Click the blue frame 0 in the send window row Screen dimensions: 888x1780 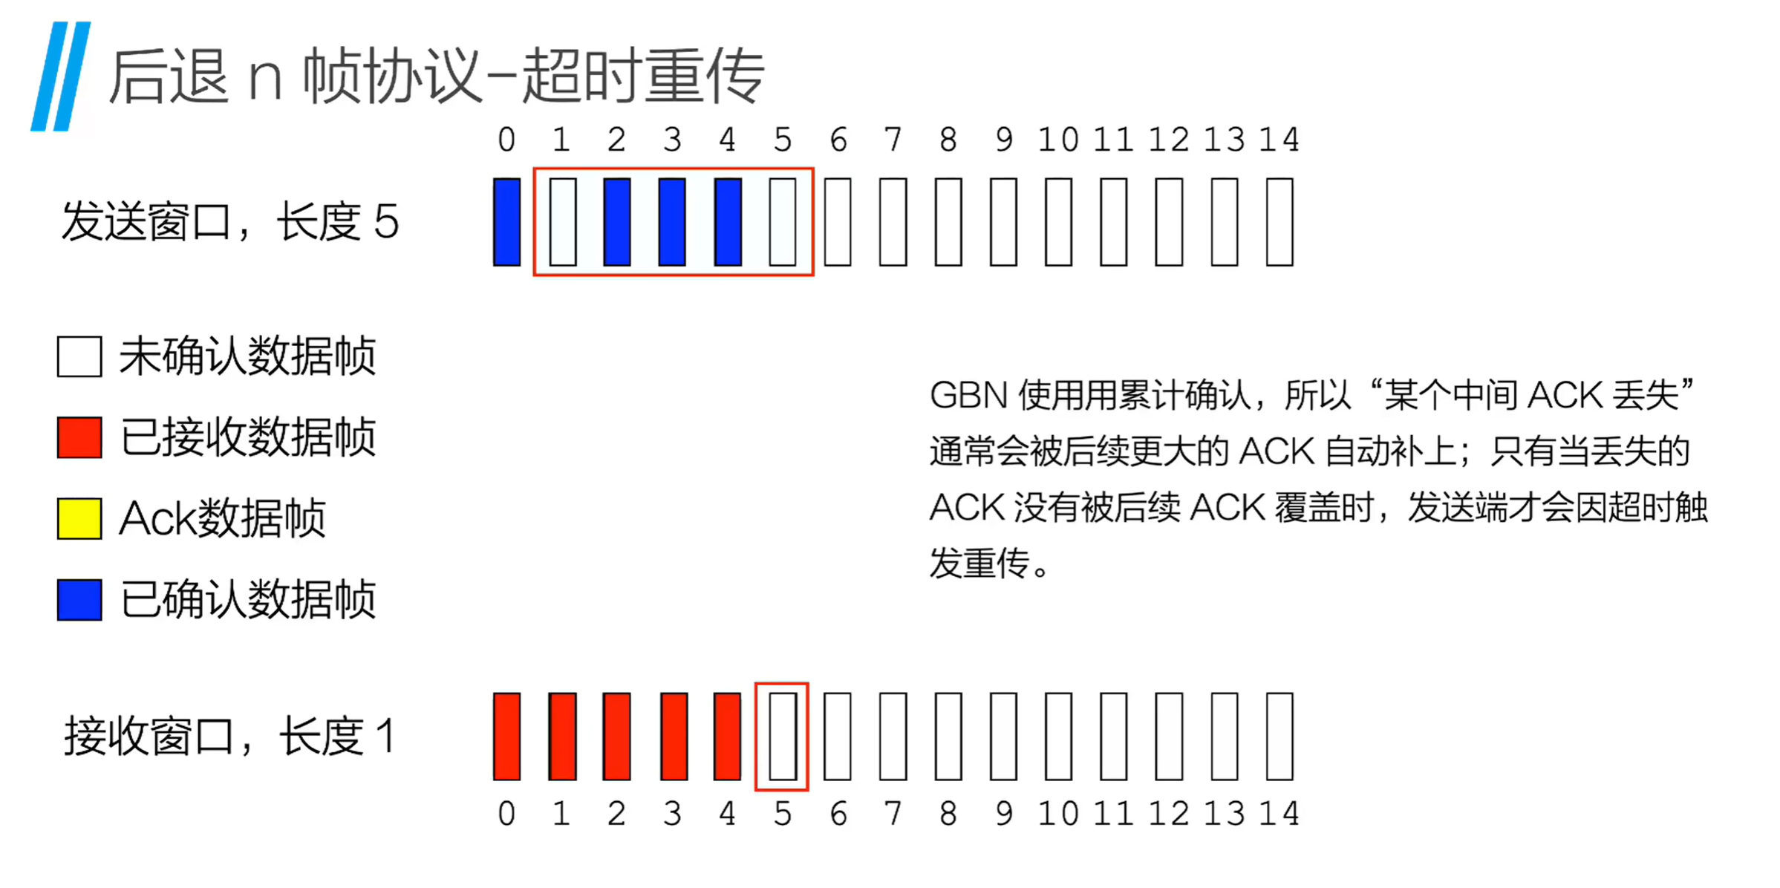(x=506, y=221)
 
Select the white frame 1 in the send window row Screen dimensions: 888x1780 (x=562, y=221)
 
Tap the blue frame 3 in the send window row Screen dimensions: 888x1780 (x=672, y=221)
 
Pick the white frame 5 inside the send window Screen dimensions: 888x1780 (x=783, y=221)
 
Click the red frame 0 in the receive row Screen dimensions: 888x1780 (x=506, y=736)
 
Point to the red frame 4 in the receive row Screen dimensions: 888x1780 (x=727, y=736)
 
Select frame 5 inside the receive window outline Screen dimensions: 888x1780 (x=782, y=736)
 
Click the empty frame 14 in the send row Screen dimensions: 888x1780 (x=1279, y=221)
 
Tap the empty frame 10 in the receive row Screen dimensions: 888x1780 (x=1058, y=736)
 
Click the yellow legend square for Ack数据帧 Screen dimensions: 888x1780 (x=79, y=518)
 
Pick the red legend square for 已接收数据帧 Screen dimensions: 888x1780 (x=79, y=437)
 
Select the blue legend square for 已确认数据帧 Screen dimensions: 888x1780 (x=79, y=600)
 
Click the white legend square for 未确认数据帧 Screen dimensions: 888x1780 (x=79, y=356)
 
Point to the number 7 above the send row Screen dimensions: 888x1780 (x=893, y=140)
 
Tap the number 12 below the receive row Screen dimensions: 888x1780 (x=1169, y=814)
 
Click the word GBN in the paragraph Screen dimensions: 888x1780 (x=968, y=396)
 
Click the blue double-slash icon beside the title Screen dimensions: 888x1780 (x=61, y=76)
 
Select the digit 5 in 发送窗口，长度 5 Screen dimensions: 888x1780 (x=386, y=222)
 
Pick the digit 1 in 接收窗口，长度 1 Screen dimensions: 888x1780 (x=385, y=737)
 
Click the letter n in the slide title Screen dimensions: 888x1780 (x=265, y=79)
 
